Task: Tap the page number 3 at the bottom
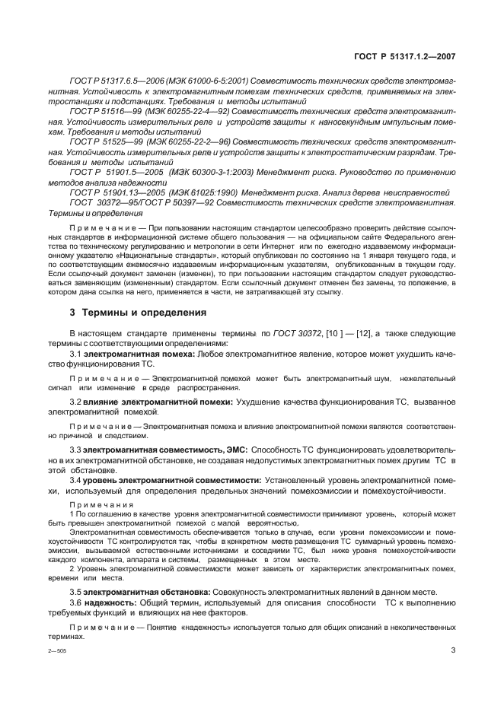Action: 454,650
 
